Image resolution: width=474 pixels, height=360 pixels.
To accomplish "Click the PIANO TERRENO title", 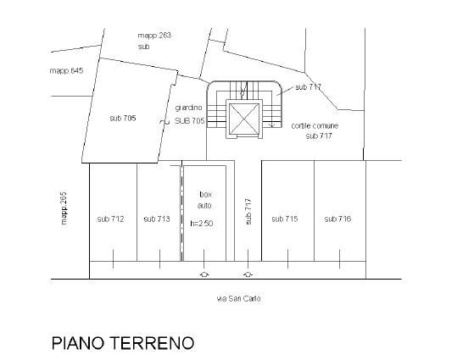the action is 123,343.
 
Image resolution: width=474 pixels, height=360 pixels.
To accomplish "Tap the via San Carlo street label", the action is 239,299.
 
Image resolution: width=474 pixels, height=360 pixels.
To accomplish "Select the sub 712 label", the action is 110,219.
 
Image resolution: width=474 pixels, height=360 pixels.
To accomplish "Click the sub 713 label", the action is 157,219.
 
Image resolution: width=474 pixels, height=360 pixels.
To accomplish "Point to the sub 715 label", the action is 285,219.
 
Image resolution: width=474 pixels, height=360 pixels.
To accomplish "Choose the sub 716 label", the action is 337,219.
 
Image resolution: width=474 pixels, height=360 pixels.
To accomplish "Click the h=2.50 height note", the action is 202,224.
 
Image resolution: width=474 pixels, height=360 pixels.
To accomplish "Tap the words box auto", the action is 205,200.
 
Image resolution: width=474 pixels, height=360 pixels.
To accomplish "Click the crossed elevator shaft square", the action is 244,119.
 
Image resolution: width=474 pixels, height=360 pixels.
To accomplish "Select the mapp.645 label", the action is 66,71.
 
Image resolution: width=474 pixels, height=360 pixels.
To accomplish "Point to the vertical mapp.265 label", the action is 64,208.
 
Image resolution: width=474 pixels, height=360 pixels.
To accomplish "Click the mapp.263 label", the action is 154,36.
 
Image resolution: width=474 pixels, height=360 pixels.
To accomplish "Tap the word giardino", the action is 188,108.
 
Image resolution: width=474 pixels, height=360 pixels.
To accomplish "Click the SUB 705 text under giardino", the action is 190,121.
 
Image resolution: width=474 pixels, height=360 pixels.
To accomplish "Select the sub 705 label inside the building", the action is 123,118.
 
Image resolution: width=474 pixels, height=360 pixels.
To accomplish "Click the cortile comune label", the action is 315,125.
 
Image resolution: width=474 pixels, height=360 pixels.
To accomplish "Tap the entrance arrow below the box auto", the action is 204,274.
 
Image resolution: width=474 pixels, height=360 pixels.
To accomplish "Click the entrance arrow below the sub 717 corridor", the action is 248,274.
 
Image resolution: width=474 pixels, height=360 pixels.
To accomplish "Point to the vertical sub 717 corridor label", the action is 248,212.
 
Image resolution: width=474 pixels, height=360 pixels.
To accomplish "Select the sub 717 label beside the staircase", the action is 308,87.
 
